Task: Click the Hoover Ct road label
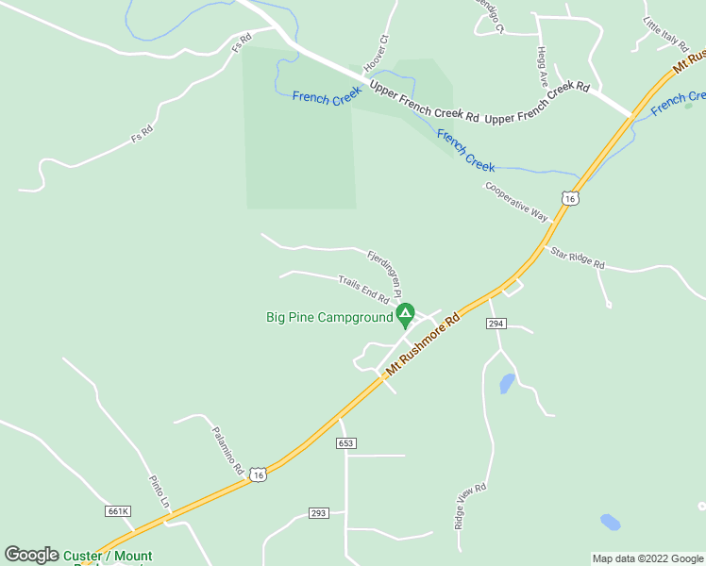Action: coord(377,55)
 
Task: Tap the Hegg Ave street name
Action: coord(542,64)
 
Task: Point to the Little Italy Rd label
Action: coord(666,36)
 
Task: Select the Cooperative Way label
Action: coord(516,201)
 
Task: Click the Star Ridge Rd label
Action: coord(578,258)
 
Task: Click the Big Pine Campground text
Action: coord(328,318)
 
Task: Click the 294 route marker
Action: coord(496,324)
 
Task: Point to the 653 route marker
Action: coord(346,443)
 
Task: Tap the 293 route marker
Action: coord(318,513)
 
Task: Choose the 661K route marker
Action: coord(118,511)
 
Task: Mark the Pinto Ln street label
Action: coord(158,492)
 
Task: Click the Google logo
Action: coord(31,556)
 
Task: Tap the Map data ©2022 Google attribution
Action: coord(647,558)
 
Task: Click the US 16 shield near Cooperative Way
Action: coord(568,198)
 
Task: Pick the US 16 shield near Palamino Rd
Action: coord(259,474)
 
